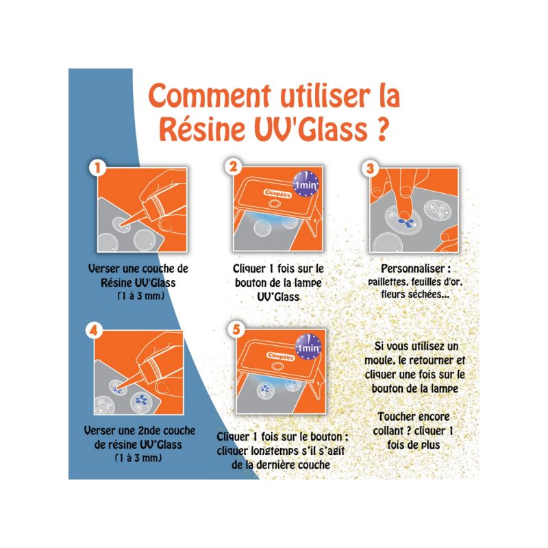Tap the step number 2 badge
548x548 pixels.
coord(234,167)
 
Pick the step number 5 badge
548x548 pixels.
coord(237,330)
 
